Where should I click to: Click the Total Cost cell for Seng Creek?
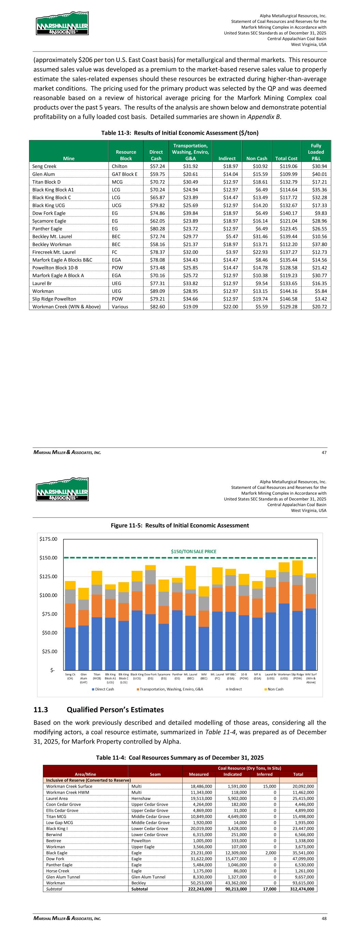coord(286,166)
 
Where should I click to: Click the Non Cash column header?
coord(257,158)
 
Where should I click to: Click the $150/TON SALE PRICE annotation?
coord(193,551)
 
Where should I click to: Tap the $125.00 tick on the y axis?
coord(48,576)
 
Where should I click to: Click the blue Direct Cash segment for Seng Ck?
coord(70,648)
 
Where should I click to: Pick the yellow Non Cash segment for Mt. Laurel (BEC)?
coord(190,577)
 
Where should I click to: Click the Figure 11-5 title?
coord(180,525)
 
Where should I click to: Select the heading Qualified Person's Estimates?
coord(115,709)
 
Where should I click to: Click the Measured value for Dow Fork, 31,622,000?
coord(198,859)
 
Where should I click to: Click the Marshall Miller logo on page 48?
coord(62,490)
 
